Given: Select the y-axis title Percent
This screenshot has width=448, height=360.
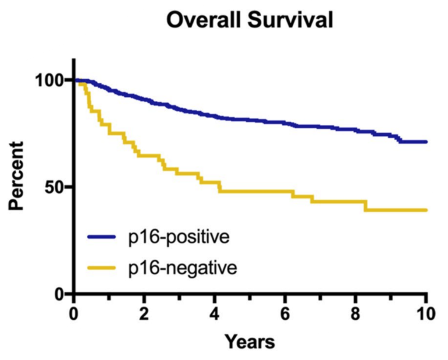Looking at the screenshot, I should pos(17,176).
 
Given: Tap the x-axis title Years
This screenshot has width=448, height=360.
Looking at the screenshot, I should pos(250,340).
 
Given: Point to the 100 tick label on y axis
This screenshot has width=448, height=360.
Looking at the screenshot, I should pos(53,80).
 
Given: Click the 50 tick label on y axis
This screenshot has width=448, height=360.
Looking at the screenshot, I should pos(58,187).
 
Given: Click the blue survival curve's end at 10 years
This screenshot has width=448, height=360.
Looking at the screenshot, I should pos(426,142).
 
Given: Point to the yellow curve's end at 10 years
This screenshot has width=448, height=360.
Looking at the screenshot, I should pos(426,210).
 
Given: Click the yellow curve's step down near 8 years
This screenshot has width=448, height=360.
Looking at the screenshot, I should pos(366,205).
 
